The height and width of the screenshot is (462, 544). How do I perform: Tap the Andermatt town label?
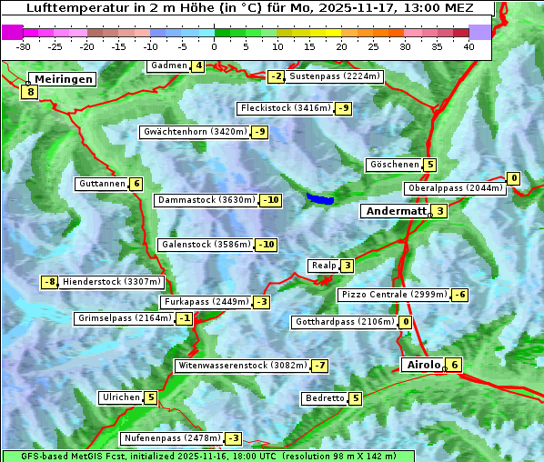click(396, 211)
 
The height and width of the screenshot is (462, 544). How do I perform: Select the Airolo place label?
click(423, 365)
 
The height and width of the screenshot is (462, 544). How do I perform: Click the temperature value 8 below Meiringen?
click(30, 92)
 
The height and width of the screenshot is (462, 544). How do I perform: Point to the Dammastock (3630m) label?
click(207, 200)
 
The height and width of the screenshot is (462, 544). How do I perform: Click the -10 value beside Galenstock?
click(266, 245)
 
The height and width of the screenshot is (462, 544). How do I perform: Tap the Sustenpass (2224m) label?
click(334, 76)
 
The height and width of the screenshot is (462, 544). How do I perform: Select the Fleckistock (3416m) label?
click(285, 109)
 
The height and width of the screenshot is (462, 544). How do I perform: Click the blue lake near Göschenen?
click(319, 198)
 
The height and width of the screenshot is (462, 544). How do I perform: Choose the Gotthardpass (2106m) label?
click(345, 322)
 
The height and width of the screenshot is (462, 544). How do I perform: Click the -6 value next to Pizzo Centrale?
click(460, 295)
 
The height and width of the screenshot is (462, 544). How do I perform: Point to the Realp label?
click(322, 266)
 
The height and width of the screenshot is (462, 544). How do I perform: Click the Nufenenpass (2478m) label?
click(172, 438)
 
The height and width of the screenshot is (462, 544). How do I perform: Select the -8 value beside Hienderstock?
click(50, 282)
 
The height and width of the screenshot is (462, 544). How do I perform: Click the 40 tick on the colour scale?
click(468, 46)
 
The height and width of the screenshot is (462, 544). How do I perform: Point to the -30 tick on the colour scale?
click(24, 46)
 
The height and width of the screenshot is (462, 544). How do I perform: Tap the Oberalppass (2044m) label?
click(454, 188)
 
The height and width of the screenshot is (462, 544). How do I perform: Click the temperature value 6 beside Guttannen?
click(136, 184)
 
